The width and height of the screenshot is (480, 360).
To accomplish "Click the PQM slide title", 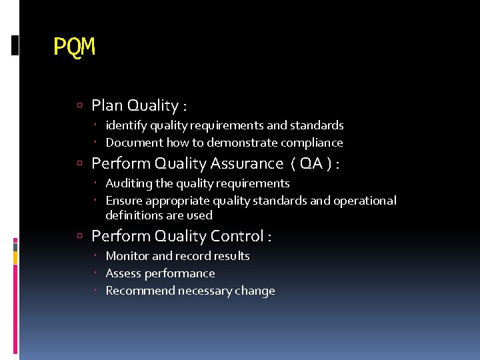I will click(75, 47).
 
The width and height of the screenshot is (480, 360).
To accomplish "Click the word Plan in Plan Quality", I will click(107, 105).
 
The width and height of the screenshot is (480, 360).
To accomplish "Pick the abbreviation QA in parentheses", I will click(311, 163).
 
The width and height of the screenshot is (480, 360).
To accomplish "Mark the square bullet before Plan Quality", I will click(79, 105).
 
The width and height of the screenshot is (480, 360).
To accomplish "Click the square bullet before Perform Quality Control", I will click(79, 236).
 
